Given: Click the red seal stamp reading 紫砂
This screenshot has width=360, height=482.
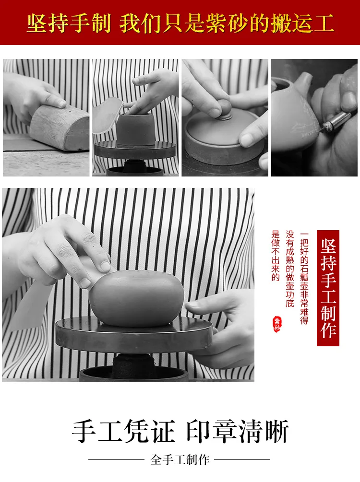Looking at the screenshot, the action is click(277, 324).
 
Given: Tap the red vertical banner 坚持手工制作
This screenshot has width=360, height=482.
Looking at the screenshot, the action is click(328, 288).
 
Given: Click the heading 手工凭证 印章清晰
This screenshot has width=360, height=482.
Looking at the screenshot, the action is click(180, 431).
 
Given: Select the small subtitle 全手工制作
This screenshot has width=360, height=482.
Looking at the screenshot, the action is click(180, 460).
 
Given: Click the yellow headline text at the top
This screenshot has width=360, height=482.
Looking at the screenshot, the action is click(180, 23).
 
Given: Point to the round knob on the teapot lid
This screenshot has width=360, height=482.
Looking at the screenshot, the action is click(224, 109).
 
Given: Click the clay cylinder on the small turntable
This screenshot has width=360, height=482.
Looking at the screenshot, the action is click(135, 129).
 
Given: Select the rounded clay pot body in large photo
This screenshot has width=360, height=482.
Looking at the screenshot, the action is click(136, 298).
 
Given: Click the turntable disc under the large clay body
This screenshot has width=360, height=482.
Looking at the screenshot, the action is click(134, 335).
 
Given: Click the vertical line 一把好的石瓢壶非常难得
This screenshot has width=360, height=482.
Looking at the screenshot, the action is click(304, 278).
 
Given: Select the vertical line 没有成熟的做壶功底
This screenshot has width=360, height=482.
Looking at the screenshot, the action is click(290, 269).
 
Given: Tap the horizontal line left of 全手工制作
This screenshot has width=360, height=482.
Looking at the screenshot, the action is click(116, 460).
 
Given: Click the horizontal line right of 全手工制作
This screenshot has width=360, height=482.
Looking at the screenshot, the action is click(242, 460).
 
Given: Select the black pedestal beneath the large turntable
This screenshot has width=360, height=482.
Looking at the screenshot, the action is click(133, 367).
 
